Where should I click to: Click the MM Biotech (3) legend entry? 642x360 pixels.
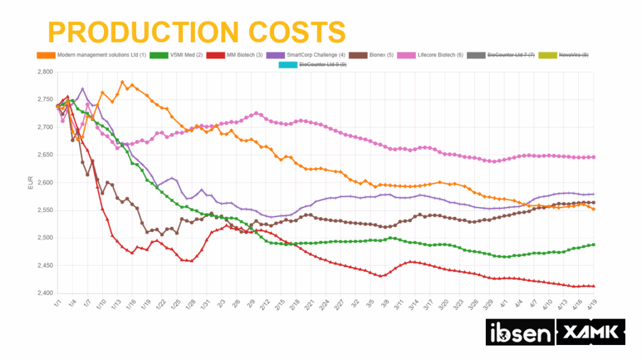tap(239, 55)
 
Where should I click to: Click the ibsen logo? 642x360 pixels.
tap(518, 331)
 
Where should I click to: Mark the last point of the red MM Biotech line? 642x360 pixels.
tap(594, 286)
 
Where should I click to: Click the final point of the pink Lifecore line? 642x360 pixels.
tap(594, 157)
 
